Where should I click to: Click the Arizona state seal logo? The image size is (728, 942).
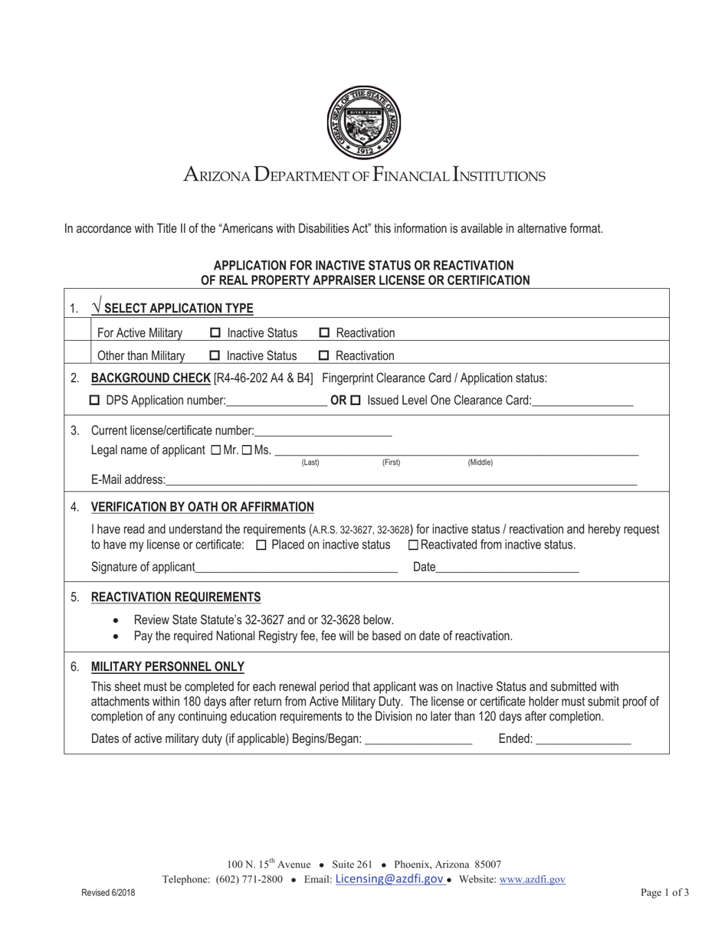click(363, 122)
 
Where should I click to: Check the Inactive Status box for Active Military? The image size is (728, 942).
click(215, 333)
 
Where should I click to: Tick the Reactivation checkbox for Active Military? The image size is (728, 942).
click(324, 333)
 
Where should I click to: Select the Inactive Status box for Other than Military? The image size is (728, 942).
click(215, 356)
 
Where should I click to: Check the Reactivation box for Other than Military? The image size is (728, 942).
click(324, 356)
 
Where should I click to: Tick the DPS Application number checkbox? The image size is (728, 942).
click(95, 401)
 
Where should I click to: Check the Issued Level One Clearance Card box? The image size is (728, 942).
click(356, 401)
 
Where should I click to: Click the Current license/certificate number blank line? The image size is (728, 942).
click(323, 432)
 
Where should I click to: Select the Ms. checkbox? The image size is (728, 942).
click(247, 450)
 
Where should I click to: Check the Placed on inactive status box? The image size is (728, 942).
click(261, 545)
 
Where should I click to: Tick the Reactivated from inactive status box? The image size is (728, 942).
click(414, 545)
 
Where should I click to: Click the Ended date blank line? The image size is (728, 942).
click(583, 740)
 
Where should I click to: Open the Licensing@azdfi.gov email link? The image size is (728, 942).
click(389, 879)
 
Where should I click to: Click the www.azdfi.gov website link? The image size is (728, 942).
click(532, 880)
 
